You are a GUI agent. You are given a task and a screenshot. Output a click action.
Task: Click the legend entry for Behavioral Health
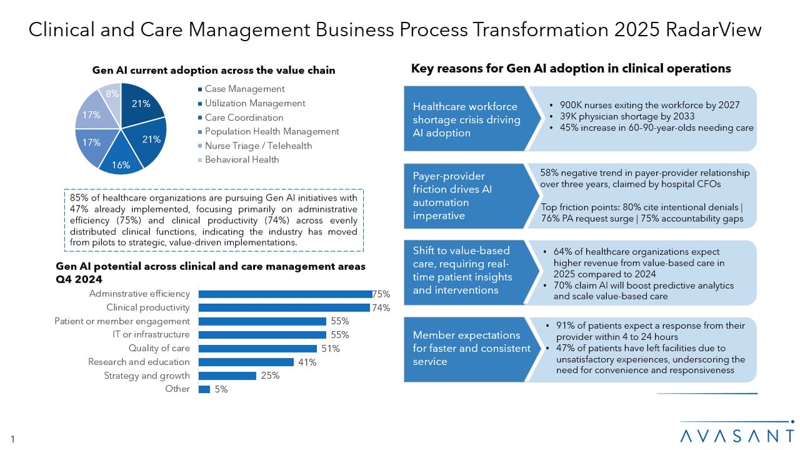(x=242, y=159)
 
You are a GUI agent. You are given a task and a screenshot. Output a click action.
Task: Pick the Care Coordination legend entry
(x=244, y=117)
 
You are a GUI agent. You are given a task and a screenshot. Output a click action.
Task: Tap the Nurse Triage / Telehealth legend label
(x=258, y=146)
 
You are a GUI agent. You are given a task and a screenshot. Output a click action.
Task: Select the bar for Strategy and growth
(x=227, y=376)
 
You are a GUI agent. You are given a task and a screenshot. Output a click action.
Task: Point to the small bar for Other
(x=204, y=389)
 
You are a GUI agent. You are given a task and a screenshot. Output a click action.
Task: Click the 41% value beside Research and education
(x=307, y=362)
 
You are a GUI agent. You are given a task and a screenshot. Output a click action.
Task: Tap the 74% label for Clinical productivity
(x=381, y=307)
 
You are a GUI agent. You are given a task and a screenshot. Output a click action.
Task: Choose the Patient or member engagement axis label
(x=122, y=321)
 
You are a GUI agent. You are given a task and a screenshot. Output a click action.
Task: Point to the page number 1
(x=12, y=439)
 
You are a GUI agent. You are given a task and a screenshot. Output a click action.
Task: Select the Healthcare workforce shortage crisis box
(x=466, y=119)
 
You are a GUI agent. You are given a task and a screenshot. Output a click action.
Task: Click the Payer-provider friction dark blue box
(x=466, y=196)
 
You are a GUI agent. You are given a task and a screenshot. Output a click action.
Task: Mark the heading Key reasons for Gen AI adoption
(x=571, y=69)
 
